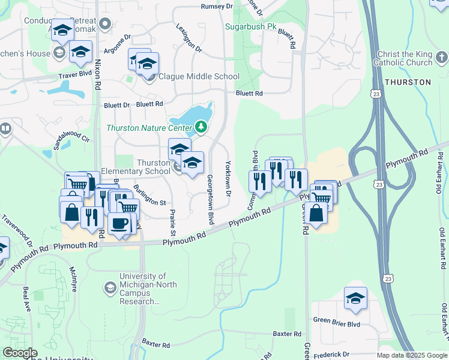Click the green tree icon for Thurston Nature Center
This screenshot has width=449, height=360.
(x=200, y=127)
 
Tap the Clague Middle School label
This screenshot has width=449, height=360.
(x=199, y=77)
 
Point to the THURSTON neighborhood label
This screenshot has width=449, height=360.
(x=408, y=82)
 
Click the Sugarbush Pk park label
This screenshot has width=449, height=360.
(x=251, y=27)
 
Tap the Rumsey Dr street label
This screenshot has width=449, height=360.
(x=216, y=6)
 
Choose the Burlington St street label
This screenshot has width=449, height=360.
(x=149, y=195)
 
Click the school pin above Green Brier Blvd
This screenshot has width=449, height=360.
(x=355, y=298)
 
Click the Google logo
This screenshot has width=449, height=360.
(x=20, y=353)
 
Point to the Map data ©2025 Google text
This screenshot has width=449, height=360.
(x=411, y=355)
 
